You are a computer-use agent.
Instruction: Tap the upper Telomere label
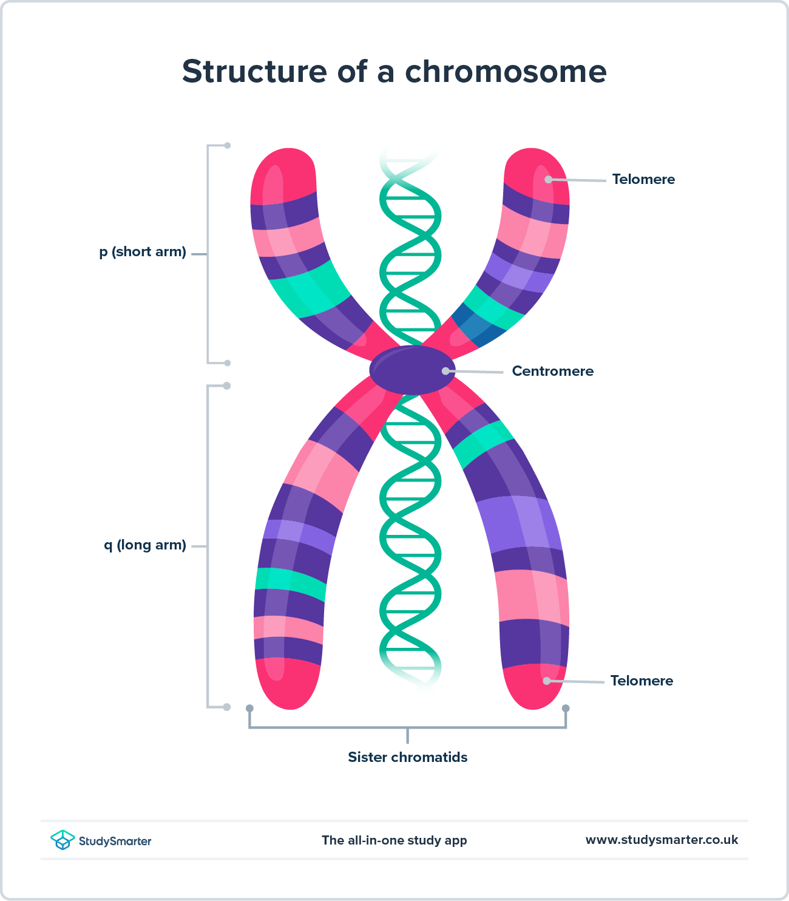[643, 180]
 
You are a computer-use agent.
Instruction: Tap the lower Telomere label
[642, 681]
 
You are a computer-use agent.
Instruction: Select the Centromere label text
[552, 372]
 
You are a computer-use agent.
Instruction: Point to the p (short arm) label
[143, 252]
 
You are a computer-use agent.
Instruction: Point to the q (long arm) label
[144, 545]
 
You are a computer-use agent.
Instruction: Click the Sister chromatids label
[407, 758]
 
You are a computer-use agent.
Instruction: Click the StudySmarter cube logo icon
[63, 840]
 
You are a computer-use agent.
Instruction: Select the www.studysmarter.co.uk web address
[662, 840]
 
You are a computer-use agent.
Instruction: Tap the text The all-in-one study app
[394, 841]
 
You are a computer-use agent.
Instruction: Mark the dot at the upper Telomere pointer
[548, 179]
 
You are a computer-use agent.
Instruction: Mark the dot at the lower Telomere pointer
[546, 681]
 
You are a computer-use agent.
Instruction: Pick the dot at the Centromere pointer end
[445, 371]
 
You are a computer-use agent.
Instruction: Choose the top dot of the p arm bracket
[228, 146]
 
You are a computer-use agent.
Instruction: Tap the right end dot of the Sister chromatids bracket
[566, 709]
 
